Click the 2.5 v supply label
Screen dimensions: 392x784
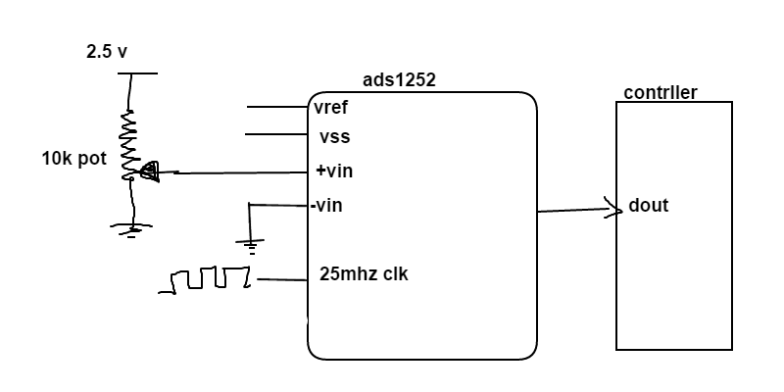click(x=107, y=52)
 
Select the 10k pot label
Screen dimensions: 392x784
click(x=73, y=159)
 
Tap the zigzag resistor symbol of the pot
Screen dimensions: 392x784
click(x=129, y=142)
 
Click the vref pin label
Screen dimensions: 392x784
click(x=331, y=107)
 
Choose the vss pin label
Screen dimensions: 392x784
click(x=334, y=137)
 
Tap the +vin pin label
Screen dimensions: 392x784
click(x=334, y=171)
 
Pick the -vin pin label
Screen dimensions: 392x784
click(x=326, y=206)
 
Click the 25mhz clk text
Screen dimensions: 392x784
click(x=364, y=274)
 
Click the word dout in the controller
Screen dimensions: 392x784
click(x=648, y=207)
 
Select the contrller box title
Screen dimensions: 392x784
click(x=661, y=93)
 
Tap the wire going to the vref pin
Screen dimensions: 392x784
click(x=277, y=106)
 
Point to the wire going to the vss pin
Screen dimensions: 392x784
click(x=277, y=134)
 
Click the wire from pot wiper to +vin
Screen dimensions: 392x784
click(x=235, y=173)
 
